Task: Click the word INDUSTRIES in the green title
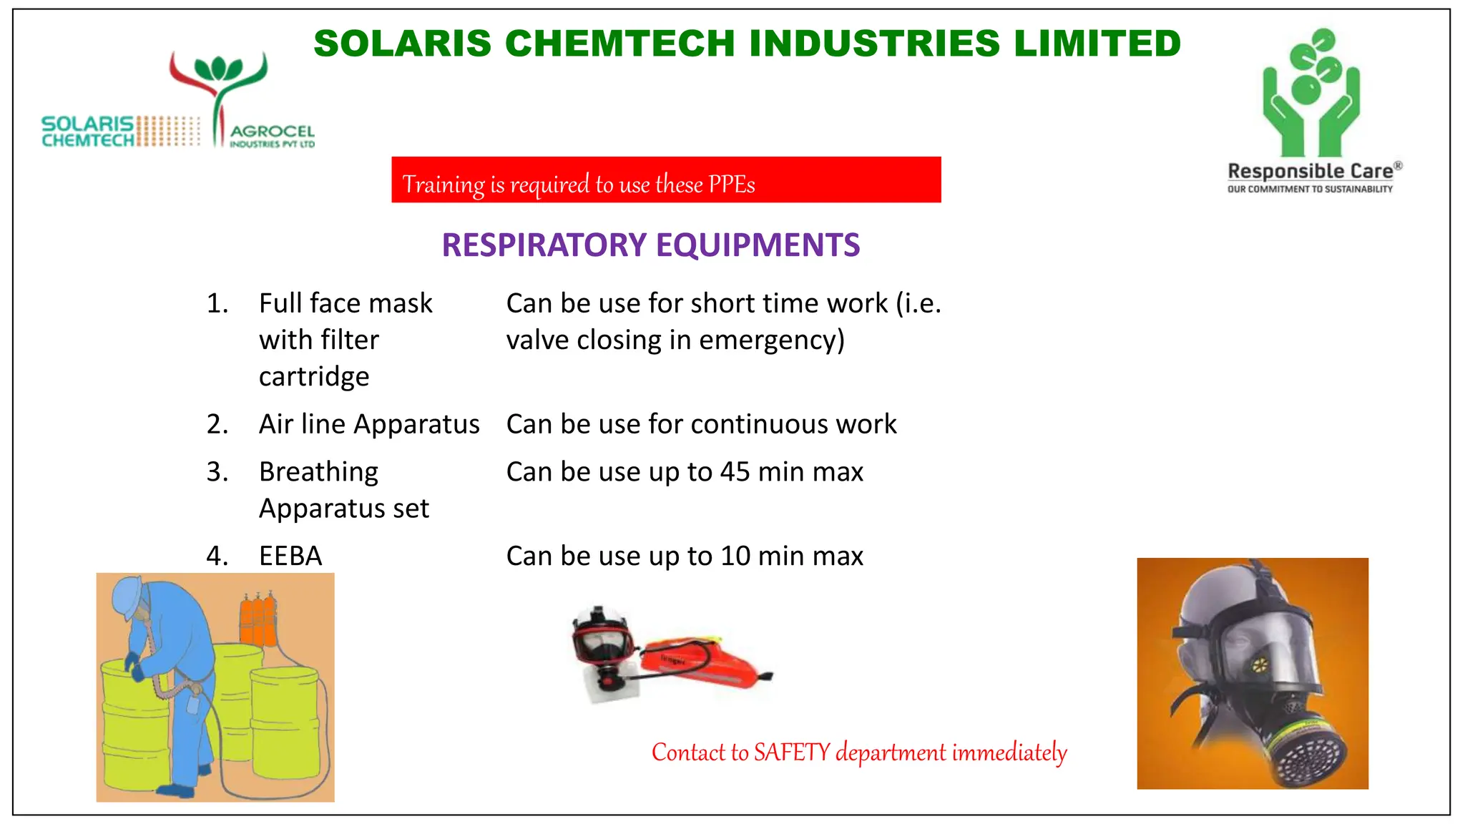874,44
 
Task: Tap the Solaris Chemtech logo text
87,132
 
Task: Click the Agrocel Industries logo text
272,135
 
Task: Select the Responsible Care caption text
1310,172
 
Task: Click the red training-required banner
665,180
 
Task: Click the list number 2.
217,424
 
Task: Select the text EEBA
290,556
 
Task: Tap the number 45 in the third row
735,472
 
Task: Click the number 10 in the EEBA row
735,556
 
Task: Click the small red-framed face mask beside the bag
602,638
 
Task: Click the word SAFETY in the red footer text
792,752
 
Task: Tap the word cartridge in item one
314,377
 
